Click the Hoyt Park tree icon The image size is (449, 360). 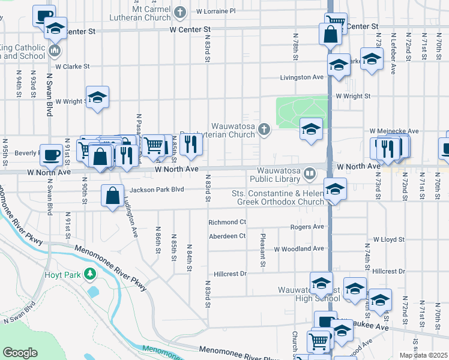pyautogui.click(x=90, y=274)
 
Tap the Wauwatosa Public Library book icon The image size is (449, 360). pyautogui.click(x=309, y=174)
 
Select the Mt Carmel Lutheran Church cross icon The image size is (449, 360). pyautogui.click(x=179, y=11)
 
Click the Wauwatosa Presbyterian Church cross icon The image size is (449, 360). pyautogui.click(x=263, y=130)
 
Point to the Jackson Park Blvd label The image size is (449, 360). pyautogui.click(x=156, y=190)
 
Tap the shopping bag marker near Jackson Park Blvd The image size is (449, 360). pyautogui.click(x=113, y=195)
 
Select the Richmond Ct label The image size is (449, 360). pyautogui.click(x=227, y=222)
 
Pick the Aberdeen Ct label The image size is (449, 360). pyautogui.click(x=227, y=236)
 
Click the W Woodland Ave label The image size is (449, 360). pyautogui.click(x=299, y=248)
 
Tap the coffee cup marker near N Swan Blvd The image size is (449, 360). pyautogui.click(x=51, y=154)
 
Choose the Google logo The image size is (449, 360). pyautogui.click(x=20, y=353)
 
